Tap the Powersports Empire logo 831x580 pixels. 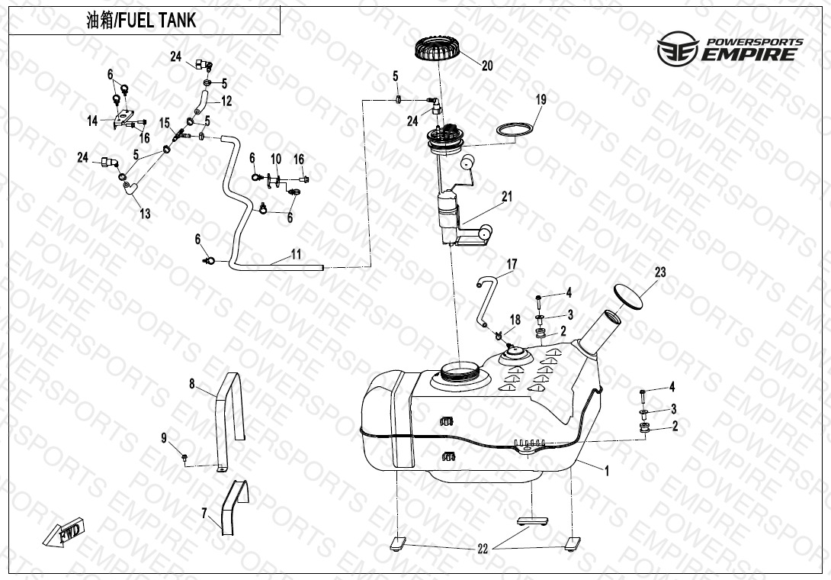pyautogui.click(x=730, y=48)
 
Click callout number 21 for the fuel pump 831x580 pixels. pyautogui.click(x=507, y=197)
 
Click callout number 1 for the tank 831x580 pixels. pyautogui.click(x=607, y=471)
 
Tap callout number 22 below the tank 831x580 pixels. pyautogui.click(x=483, y=549)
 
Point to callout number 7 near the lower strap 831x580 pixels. pyautogui.click(x=204, y=514)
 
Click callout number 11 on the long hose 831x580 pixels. pyautogui.click(x=296, y=254)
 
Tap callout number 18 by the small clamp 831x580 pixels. pyautogui.click(x=515, y=320)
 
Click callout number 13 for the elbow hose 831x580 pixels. pyautogui.click(x=145, y=214)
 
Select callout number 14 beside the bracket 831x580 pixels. pyautogui.click(x=93, y=121)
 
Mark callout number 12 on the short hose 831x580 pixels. pyautogui.click(x=226, y=101)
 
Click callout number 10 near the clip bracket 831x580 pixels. pyautogui.click(x=276, y=159)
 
